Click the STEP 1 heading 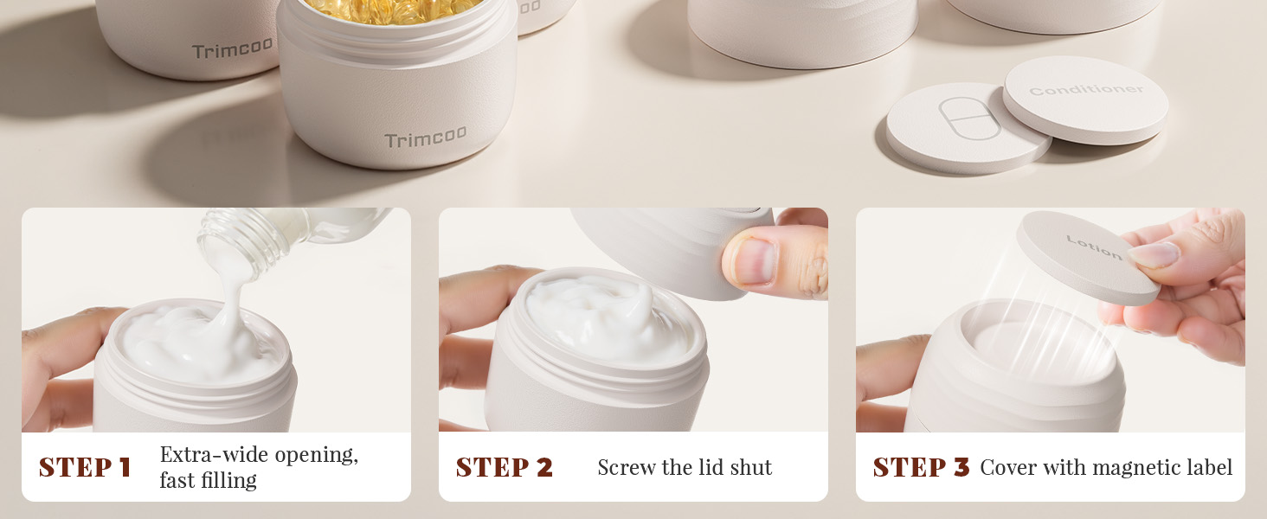85,467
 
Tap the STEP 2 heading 504,467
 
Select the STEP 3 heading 921,467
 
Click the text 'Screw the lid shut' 685,468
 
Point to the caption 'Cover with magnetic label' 1105,468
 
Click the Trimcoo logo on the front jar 425,137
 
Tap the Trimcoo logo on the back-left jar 232,49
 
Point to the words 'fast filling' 208,480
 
